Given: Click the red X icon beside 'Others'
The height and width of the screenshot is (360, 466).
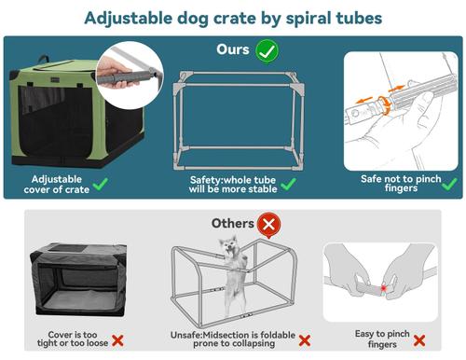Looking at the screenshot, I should pyautogui.click(x=270, y=224).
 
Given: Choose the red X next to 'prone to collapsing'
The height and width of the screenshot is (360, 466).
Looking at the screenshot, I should pyautogui.click(x=305, y=341).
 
